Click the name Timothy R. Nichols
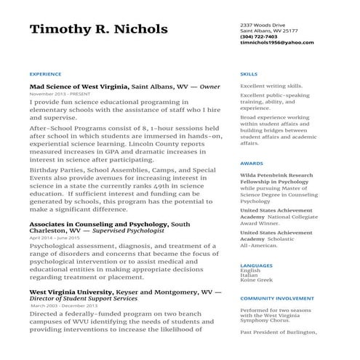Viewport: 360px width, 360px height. (x=98, y=30)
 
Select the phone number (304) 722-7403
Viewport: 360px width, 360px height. (x=258, y=36)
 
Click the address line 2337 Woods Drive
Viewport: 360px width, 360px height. (x=262, y=25)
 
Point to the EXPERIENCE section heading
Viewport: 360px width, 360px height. (x=45, y=74)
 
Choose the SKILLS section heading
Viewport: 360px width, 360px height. (x=249, y=74)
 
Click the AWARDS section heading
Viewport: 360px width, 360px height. (x=252, y=164)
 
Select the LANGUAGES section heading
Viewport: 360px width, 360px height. (x=256, y=266)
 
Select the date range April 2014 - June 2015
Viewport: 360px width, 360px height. (x=55, y=238)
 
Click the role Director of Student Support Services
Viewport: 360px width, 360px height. (x=83, y=299)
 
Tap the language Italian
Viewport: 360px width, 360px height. (x=249, y=275)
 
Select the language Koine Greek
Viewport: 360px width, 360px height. (x=256, y=280)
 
